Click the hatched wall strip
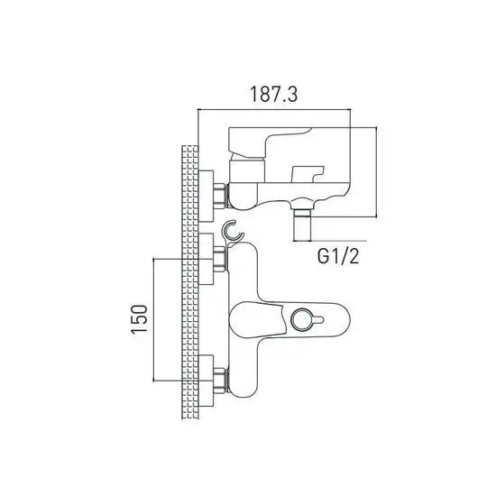[189, 280]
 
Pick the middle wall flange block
[206, 258]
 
